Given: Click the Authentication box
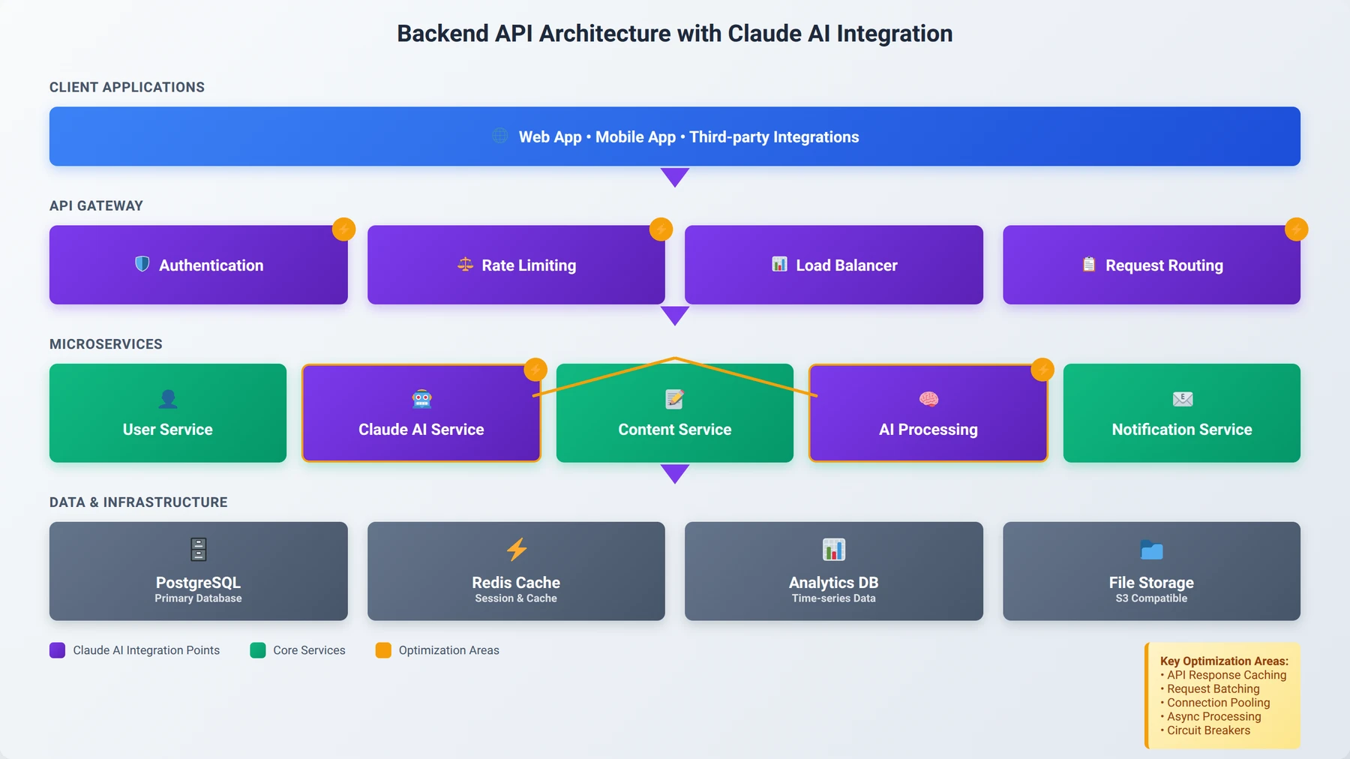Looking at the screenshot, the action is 199,265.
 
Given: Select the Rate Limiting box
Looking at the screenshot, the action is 516,265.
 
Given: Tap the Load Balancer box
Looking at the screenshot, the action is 834,265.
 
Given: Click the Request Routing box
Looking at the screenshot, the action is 1151,265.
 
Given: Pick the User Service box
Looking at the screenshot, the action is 168,413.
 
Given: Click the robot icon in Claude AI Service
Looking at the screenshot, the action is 422,399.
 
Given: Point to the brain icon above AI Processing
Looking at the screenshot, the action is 928,399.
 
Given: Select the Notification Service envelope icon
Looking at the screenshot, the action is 1183,399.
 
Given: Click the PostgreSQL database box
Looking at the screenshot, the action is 199,571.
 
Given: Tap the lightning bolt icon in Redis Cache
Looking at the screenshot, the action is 517,549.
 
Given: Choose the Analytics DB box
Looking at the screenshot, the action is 834,571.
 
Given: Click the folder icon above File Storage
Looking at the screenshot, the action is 1152,550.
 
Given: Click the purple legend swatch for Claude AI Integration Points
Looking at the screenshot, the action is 58,650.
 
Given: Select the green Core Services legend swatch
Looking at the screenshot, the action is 258,650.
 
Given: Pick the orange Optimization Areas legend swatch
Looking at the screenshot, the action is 383,650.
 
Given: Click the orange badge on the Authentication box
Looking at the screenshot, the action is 344,229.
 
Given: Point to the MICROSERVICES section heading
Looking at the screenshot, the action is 106,344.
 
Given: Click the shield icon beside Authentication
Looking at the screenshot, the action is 142,264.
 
